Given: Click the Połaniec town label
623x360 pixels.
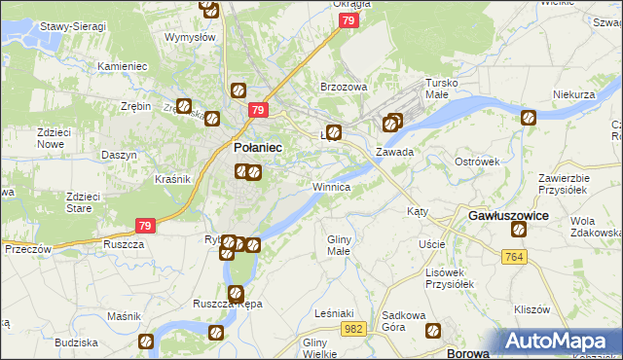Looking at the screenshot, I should pyautogui.click(x=258, y=147).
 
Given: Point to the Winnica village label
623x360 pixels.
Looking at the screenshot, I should pyautogui.click(x=332, y=186).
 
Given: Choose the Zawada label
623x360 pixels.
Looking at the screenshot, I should pyautogui.click(x=396, y=152).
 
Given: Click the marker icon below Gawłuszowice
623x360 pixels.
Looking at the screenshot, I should pyautogui.click(x=519, y=231).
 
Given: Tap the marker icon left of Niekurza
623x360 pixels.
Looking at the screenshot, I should pyautogui.click(x=529, y=119).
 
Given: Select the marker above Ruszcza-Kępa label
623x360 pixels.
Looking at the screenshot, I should pyautogui.click(x=235, y=291).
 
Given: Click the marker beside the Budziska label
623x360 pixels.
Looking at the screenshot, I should pyautogui.click(x=145, y=342).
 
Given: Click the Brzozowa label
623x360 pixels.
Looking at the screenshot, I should pyautogui.click(x=344, y=87).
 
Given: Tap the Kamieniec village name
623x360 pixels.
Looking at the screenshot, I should pyautogui.click(x=122, y=66).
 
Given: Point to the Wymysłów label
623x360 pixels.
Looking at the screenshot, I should pyautogui.click(x=190, y=37).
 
